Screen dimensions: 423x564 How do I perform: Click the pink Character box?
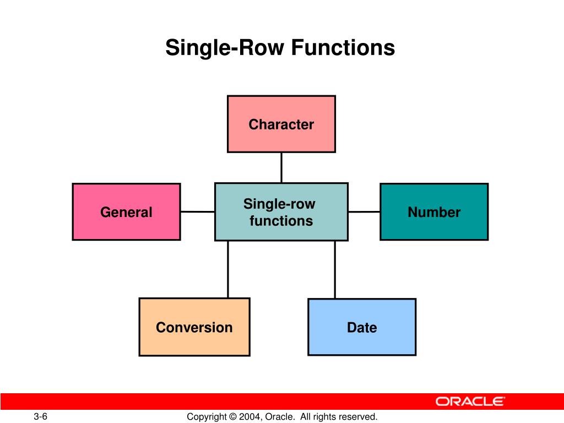281,124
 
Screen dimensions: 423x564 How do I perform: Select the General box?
126,212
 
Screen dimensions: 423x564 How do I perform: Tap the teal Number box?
434,212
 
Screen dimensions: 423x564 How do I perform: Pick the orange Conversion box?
194,327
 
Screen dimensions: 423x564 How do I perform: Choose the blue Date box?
362,327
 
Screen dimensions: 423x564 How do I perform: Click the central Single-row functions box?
281,212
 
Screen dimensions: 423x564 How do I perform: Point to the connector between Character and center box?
281,167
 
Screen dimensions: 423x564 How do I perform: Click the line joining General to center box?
197,211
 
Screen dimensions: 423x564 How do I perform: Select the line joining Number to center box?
364,211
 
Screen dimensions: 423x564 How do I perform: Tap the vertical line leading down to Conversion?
228,269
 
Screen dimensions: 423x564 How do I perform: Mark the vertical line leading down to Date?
334,269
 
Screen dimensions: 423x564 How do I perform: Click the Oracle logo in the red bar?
470,402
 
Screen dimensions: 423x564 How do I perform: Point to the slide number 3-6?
40,416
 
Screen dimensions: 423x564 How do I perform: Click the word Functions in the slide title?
343,48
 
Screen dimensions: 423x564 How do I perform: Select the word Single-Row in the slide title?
226,48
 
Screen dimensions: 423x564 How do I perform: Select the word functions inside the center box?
281,221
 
